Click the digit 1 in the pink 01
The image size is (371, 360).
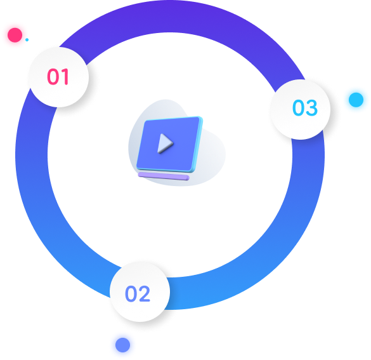[x=65, y=76]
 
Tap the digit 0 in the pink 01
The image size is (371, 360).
[x=53, y=76]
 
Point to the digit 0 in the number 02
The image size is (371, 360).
[x=131, y=294]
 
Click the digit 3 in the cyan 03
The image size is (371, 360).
[x=311, y=108]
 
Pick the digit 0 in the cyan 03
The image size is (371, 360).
[x=298, y=108]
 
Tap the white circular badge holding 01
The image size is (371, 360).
[x=58, y=77]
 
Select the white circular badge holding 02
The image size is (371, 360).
[x=140, y=292]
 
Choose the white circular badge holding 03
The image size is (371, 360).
[x=300, y=109]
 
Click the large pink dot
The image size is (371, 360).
[x=15, y=35]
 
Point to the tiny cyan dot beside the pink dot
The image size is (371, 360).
[x=27, y=40]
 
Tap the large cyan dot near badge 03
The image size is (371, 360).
[x=356, y=100]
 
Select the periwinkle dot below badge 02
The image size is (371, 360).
[x=122, y=345]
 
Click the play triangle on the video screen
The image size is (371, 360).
[x=165, y=143]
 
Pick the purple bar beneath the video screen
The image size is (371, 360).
[x=164, y=177]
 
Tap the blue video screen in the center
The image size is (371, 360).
[x=169, y=144]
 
